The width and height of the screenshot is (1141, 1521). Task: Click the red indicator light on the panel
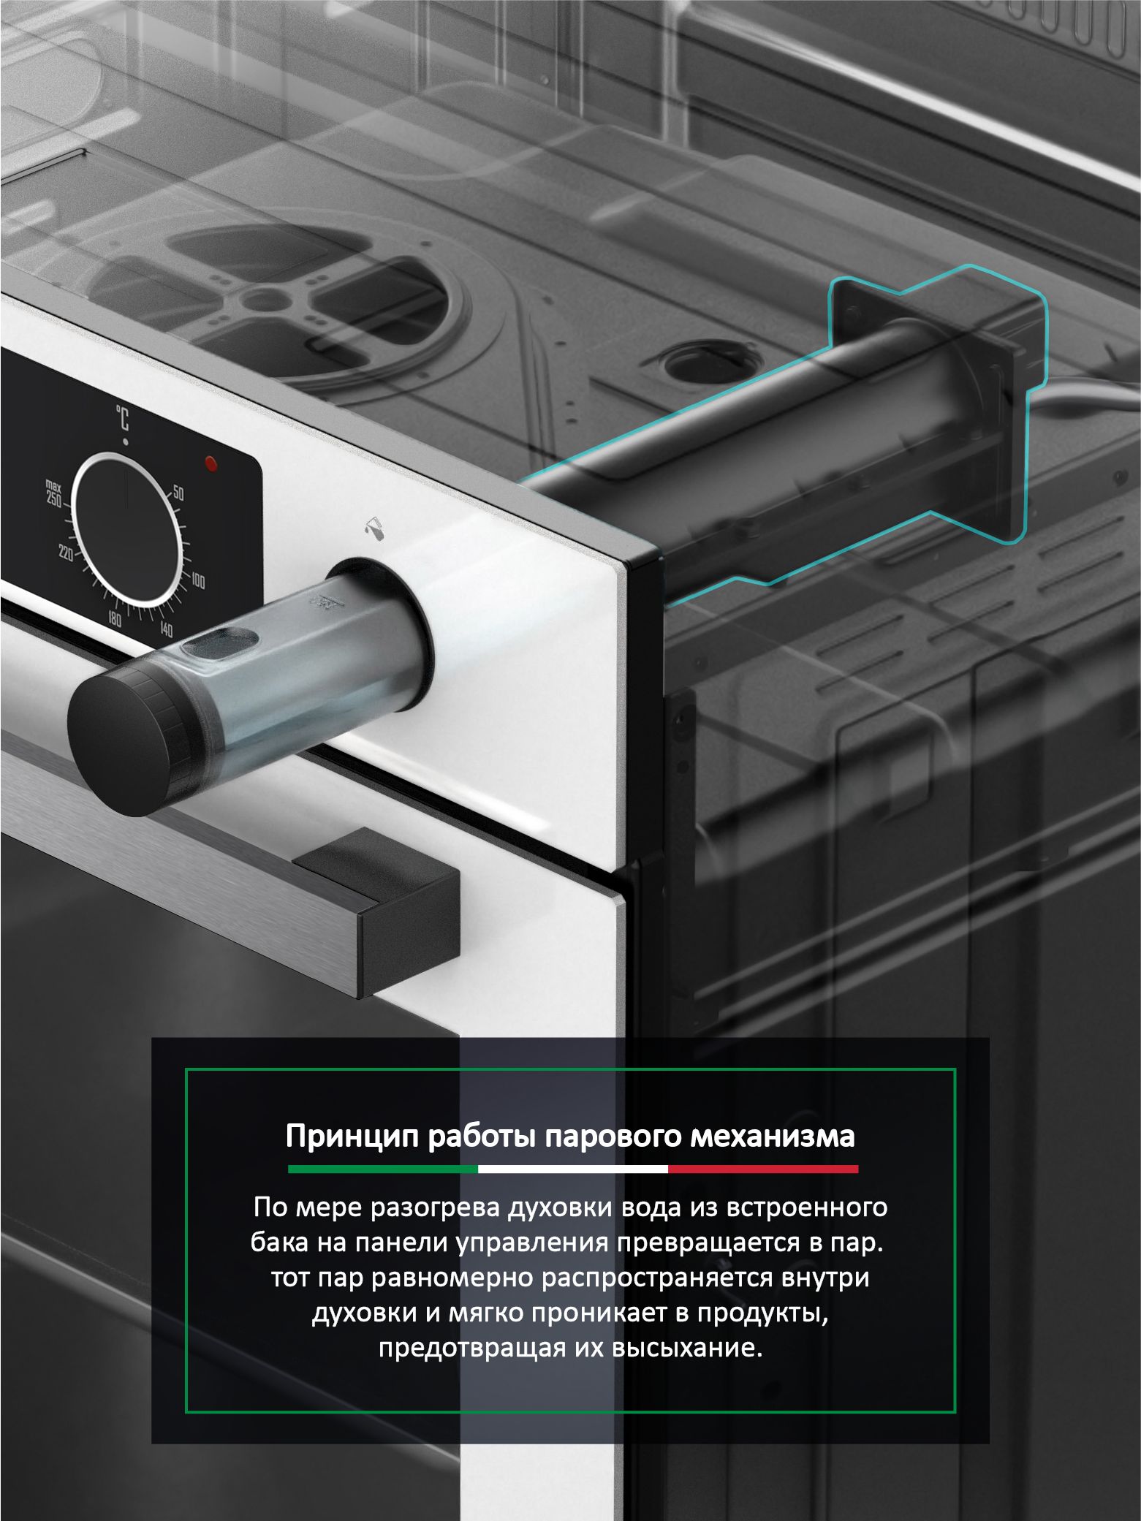(x=212, y=463)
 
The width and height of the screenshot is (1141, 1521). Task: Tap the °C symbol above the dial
(x=122, y=419)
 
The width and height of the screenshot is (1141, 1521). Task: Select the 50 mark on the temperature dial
(x=178, y=493)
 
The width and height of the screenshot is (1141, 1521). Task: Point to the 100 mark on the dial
(x=198, y=582)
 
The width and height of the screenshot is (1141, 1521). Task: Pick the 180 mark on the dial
(x=115, y=620)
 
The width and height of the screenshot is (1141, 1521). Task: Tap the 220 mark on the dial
(x=67, y=554)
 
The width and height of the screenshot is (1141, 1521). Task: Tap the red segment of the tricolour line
(x=763, y=1169)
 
